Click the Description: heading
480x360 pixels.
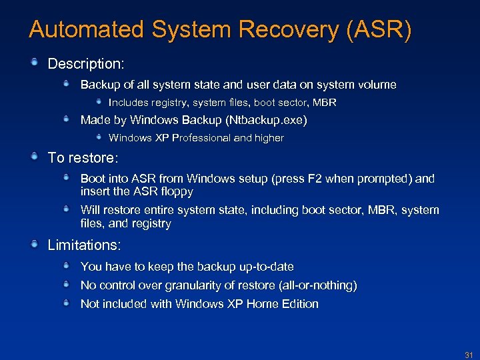click(x=86, y=64)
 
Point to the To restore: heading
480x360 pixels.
click(x=83, y=158)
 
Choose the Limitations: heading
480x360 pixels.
click(x=85, y=245)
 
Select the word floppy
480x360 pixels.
click(x=176, y=192)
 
